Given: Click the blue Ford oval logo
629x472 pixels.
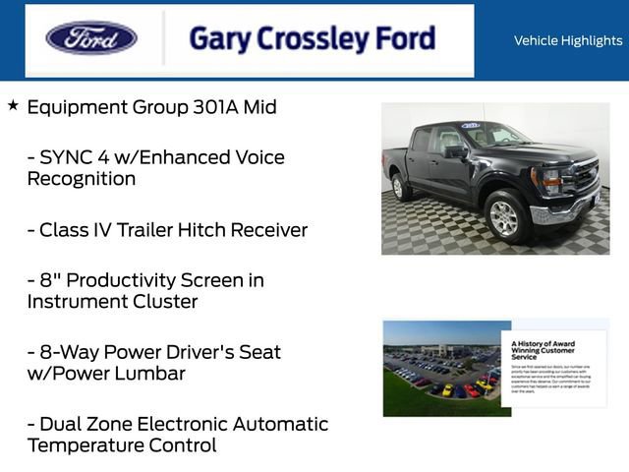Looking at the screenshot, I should point(91,38).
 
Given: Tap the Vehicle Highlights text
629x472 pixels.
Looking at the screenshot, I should point(568,40).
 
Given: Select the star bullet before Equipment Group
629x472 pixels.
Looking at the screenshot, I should point(13,105).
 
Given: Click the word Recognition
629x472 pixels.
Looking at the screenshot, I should point(82,179).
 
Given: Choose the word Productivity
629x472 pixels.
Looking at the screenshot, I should point(131,280).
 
